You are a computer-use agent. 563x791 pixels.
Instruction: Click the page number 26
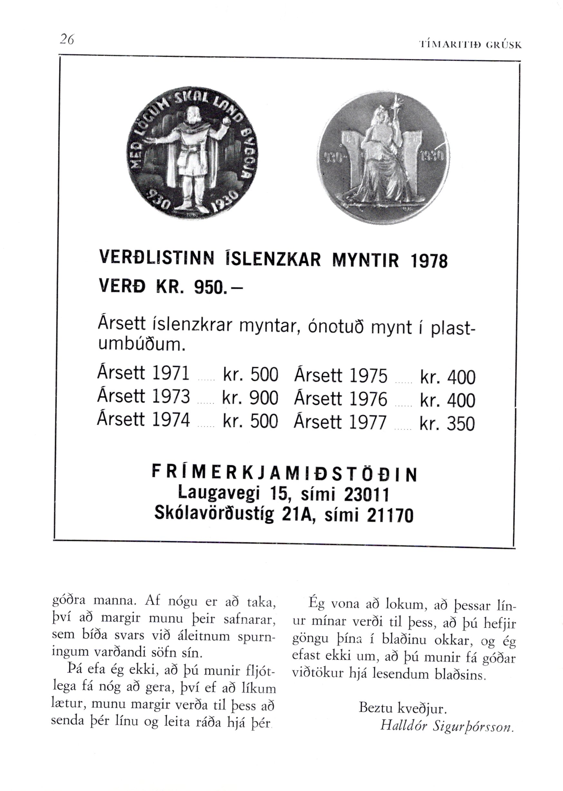pos(67,39)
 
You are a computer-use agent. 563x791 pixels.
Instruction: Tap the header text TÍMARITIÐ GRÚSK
pos(470,45)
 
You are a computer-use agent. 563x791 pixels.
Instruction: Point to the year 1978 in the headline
pos(428,261)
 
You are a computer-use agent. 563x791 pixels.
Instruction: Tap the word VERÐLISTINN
pos(156,258)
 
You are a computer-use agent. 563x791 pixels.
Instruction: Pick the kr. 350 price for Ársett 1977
pos(447,424)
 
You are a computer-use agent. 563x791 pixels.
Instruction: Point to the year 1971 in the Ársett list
pos(171,373)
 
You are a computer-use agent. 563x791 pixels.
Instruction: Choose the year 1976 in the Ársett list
pos(368,399)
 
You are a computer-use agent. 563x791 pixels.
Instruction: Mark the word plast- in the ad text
pos(451,329)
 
